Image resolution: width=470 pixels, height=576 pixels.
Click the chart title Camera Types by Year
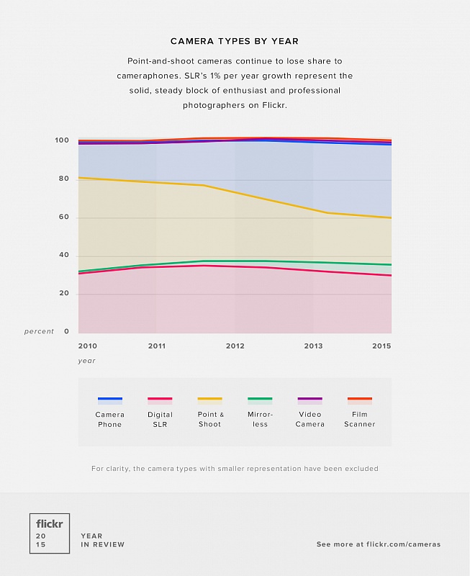[x=235, y=42]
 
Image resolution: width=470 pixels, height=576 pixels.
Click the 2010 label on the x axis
[x=87, y=346]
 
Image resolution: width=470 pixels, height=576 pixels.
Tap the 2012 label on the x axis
[x=235, y=346]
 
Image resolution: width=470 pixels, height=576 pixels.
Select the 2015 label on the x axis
[x=382, y=346]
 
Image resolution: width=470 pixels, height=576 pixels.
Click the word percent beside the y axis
[x=39, y=331]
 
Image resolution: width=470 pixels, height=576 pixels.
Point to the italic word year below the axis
[x=86, y=361]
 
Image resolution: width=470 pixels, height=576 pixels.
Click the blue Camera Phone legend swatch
[x=109, y=400]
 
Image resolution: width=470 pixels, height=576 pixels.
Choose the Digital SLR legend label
[x=160, y=419]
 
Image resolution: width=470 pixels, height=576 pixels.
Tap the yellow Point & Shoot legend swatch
[x=210, y=400]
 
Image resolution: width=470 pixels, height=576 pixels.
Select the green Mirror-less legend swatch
[x=260, y=400]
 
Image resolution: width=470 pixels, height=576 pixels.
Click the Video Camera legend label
[x=309, y=419]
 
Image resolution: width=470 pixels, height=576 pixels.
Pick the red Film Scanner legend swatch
[x=360, y=400]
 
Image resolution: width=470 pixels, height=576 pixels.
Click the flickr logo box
[x=50, y=534]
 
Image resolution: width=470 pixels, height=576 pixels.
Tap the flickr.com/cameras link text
[x=402, y=544]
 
